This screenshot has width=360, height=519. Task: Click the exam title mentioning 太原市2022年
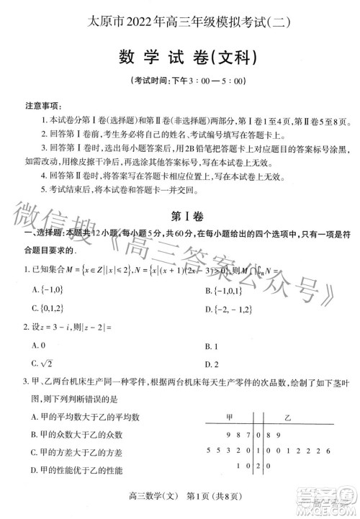pyautogui.click(x=181, y=22)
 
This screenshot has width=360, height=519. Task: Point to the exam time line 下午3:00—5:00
pyautogui.click(x=180, y=81)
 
